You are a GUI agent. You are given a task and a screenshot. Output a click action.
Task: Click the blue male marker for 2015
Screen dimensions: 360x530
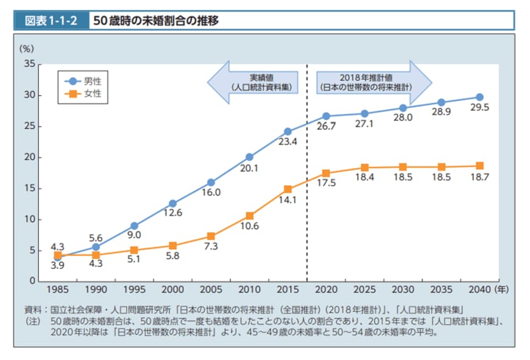click(288, 131)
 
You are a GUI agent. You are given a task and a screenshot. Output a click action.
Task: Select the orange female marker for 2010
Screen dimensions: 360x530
click(249, 216)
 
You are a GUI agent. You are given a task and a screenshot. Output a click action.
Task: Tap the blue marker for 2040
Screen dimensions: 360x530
click(479, 97)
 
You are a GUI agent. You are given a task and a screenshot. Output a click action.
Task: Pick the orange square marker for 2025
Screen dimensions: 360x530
click(364, 168)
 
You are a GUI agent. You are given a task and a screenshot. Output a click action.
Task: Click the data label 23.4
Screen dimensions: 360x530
click(287, 143)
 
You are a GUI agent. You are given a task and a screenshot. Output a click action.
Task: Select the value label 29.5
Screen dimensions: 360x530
click(479, 108)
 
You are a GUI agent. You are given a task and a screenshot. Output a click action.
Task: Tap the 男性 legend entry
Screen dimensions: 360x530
click(85, 80)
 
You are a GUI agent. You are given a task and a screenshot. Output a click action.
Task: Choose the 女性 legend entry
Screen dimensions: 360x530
click(85, 94)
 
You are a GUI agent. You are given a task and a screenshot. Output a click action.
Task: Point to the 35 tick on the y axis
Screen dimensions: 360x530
click(29, 64)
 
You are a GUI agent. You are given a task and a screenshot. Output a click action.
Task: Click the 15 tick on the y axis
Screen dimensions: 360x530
click(29, 188)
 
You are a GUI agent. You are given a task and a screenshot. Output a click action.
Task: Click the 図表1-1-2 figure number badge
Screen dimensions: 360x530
click(51, 21)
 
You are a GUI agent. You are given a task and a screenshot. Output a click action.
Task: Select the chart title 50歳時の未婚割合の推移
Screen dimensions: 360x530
click(155, 21)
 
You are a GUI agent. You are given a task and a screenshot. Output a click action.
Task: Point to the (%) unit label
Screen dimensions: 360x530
click(27, 48)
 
